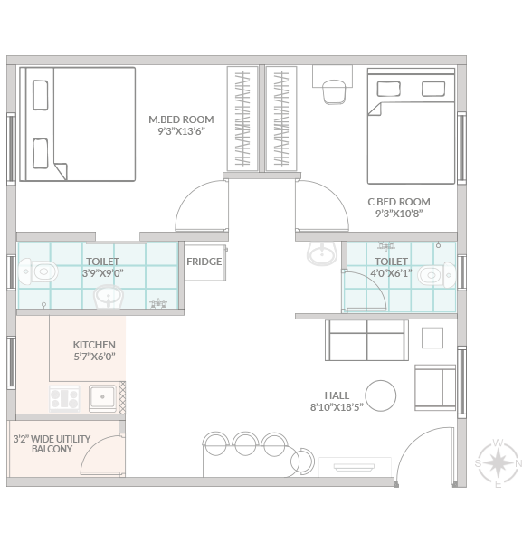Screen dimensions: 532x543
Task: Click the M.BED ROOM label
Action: (181, 119)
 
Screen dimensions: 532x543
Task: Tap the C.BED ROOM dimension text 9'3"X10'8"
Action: (399, 214)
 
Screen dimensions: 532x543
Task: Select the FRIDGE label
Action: (204, 262)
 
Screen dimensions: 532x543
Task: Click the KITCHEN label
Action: (94, 345)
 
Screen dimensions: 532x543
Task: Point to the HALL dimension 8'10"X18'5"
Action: (337, 407)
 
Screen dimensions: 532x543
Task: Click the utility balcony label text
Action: (52, 444)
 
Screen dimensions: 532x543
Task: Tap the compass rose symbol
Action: (498, 463)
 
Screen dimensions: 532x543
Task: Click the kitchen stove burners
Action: (64, 398)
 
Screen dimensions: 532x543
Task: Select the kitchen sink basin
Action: (103, 397)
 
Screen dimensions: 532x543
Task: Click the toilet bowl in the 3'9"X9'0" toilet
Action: (38, 271)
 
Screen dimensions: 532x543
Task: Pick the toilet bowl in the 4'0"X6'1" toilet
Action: (437, 275)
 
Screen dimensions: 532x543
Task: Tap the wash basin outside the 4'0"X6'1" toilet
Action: (322, 253)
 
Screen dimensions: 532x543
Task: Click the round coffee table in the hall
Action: (381, 395)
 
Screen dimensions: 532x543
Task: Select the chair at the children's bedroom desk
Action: (334, 91)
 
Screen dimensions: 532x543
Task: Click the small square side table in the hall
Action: (432, 338)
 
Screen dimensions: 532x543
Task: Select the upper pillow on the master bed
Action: (40, 95)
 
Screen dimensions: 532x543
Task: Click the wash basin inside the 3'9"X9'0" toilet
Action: (109, 297)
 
